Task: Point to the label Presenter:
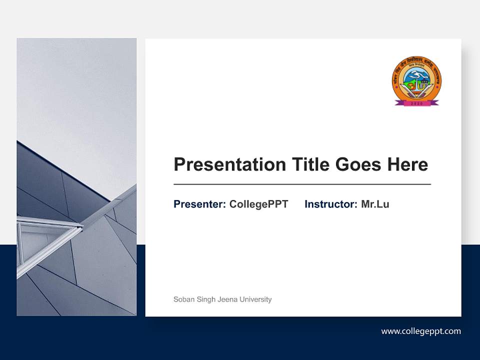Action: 199,204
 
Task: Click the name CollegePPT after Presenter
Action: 258,204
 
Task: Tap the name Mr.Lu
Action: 375,204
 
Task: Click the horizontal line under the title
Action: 302,184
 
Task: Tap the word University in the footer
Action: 255,299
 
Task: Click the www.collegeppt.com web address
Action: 421,331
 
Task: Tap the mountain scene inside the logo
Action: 416,77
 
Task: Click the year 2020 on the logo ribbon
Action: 416,103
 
